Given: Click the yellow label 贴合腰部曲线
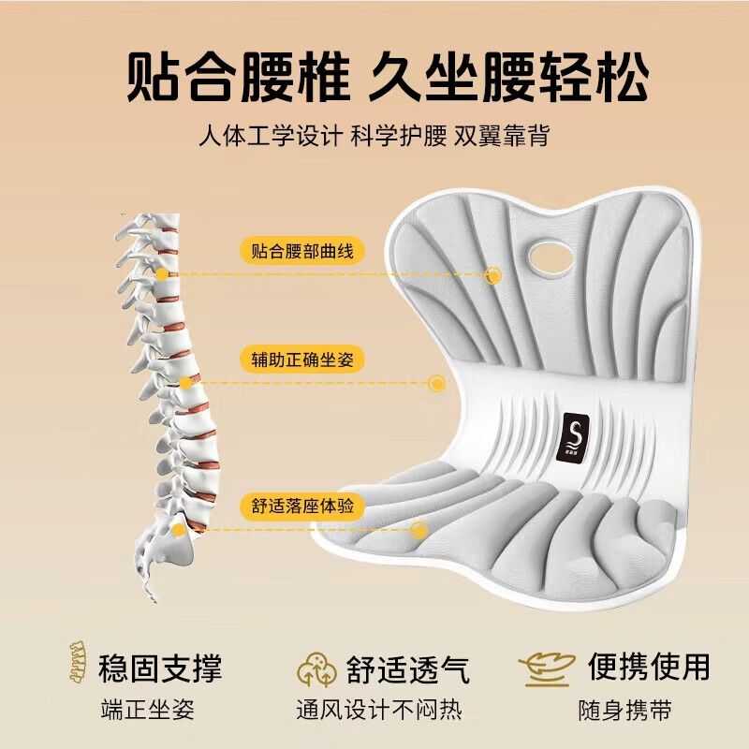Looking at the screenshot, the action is coord(302,251).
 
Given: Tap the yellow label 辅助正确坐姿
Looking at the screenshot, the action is coord(302,360).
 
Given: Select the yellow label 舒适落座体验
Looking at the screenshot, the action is coord(302,506).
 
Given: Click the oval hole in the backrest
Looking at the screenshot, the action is coord(551,258).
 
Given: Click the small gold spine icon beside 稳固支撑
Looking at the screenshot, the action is coord(79,663).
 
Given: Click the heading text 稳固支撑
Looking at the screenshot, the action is coord(160,668).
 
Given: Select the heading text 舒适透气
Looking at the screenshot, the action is coord(408,669).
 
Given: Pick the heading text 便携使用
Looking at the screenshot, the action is coord(649,667).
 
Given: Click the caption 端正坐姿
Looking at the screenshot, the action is coord(148,710).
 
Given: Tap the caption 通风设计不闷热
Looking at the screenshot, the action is coord(379,710).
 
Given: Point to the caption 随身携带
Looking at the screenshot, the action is coord(625,711).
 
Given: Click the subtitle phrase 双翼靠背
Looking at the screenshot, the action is coord(502,136).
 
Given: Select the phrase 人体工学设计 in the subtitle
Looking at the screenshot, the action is coord(271,136).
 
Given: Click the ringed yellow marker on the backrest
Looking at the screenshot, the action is coord(492,275).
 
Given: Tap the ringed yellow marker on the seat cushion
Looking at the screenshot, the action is coord(419,530).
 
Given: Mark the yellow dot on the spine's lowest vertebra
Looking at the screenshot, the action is coord(179,530).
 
